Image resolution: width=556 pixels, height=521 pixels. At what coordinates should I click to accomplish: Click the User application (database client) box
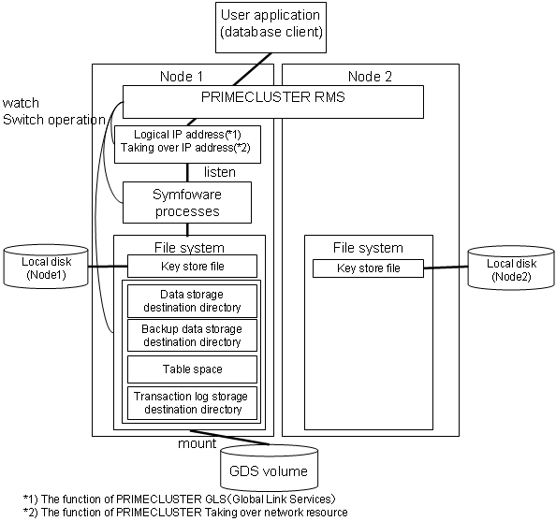point(271,28)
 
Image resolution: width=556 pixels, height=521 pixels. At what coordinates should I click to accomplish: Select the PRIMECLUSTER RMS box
point(273,102)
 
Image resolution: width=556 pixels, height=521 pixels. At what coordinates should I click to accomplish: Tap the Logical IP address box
point(187,144)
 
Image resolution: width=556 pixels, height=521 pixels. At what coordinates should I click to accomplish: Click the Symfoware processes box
point(187,203)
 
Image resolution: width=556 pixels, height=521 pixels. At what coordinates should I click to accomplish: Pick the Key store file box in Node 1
point(192,267)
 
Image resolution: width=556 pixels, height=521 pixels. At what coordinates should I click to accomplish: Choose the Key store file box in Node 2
point(368,268)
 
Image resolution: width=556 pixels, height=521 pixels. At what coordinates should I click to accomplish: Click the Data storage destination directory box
point(192,301)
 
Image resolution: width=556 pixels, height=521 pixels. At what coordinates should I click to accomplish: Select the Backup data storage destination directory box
point(192,335)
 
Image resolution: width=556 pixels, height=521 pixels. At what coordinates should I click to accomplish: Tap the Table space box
point(192,369)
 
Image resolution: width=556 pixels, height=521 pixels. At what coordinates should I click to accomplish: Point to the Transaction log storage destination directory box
point(192,403)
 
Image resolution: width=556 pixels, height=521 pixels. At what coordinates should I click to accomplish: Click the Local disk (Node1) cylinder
point(46,267)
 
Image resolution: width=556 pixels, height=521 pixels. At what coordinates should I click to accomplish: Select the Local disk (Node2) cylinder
point(511,268)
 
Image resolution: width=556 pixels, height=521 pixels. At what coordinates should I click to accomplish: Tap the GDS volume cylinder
point(270,468)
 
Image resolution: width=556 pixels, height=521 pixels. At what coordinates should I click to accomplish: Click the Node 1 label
point(182,76)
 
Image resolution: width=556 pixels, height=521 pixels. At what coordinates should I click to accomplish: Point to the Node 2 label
point(370,76)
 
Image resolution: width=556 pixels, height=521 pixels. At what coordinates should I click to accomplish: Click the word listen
point(220,172)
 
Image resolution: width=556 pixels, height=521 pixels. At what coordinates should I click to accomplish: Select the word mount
point(198,443)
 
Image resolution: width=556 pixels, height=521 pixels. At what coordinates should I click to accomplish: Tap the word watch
point(21,103)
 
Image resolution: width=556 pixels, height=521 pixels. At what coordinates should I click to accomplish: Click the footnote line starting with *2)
point(185,513)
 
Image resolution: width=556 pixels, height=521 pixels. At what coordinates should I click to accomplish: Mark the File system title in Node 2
point(368,248)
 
